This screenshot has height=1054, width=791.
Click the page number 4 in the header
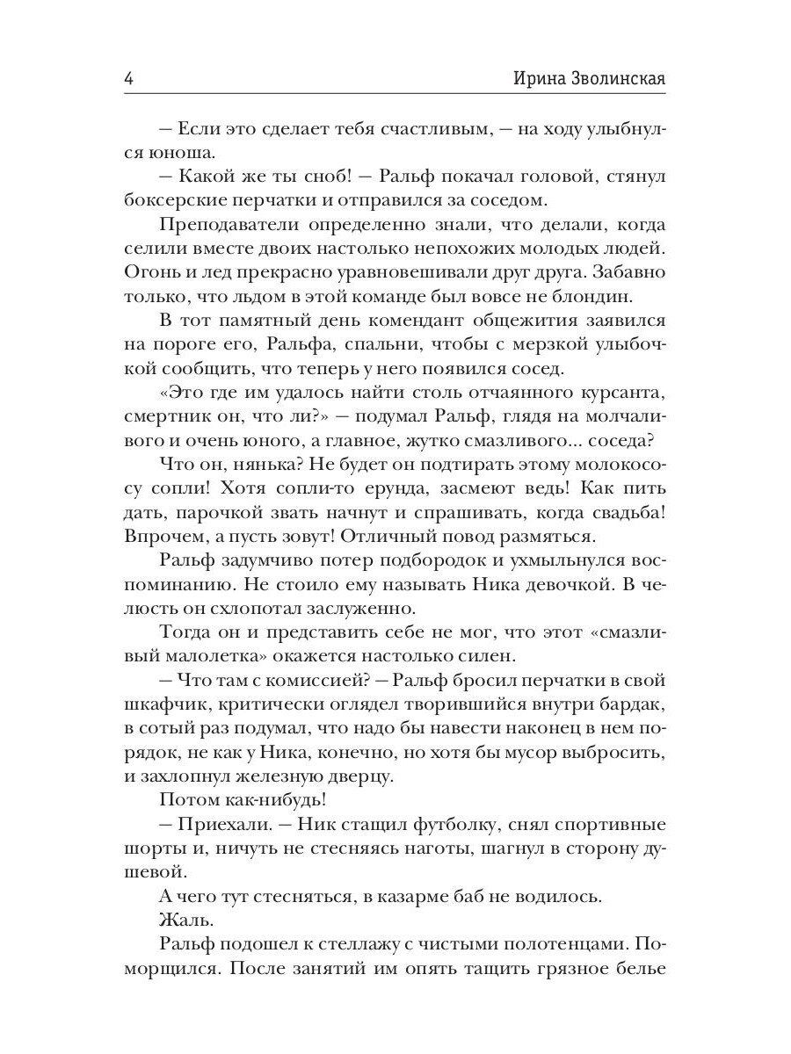pos(128,77)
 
